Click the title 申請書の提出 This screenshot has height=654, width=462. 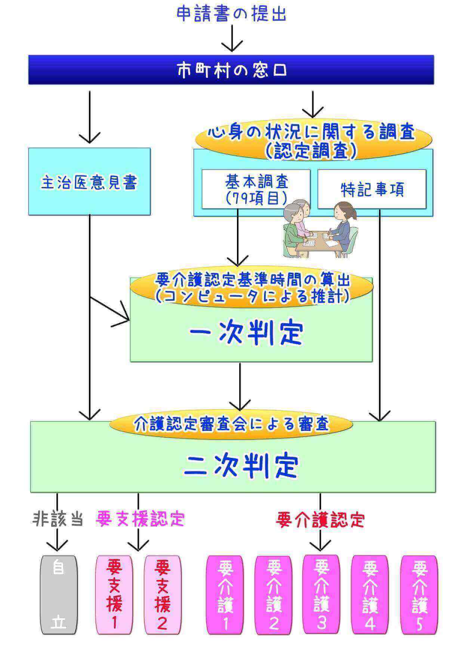[231, 14]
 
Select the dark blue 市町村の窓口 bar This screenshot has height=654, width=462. [231, 70]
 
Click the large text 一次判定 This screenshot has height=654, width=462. [246, 333]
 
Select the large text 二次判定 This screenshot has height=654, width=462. [241, 466]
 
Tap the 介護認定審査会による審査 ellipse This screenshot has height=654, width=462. [231, 424]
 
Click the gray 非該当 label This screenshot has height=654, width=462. [57, 519]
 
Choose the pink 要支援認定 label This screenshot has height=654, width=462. [140, 519]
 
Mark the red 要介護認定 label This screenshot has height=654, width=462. [320, 519]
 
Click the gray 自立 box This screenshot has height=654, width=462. [59, 595]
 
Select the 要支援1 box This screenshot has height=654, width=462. [114, 595]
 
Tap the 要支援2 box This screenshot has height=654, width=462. [163, 595]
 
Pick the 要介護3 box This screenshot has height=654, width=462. [321, 594]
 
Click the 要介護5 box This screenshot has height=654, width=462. [419, 595]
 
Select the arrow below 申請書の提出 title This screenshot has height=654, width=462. [232, 38]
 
